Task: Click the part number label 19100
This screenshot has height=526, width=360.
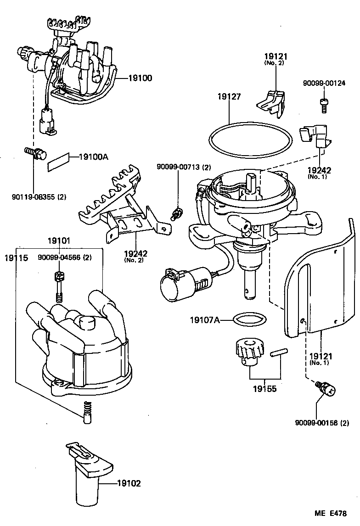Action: click(x=140, y=78)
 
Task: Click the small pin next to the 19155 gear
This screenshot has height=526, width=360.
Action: click(x=277, y=353)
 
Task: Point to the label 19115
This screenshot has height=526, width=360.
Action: click(x=17, y=258)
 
